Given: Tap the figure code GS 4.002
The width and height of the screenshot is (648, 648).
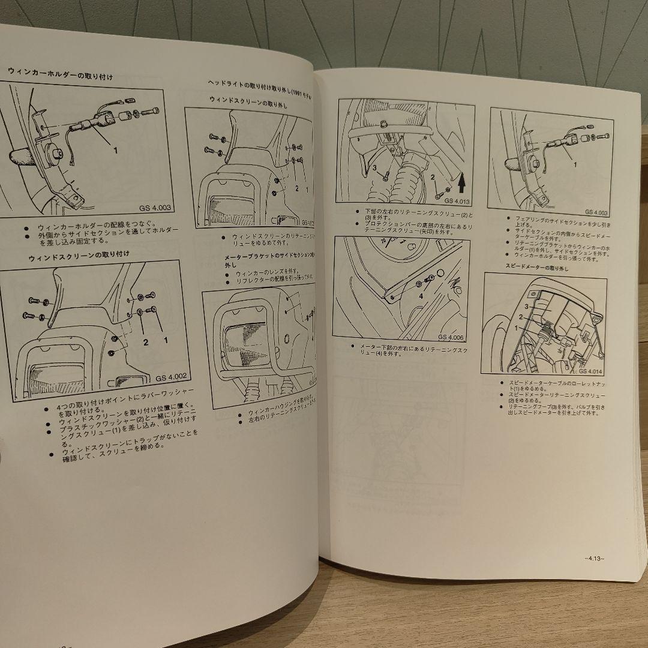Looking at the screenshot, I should (172, 378).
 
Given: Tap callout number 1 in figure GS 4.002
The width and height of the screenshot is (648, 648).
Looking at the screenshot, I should (166, 340).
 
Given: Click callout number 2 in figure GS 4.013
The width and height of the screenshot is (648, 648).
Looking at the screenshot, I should (431, 178).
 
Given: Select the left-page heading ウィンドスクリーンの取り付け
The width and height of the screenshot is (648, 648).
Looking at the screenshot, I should (79, 256).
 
